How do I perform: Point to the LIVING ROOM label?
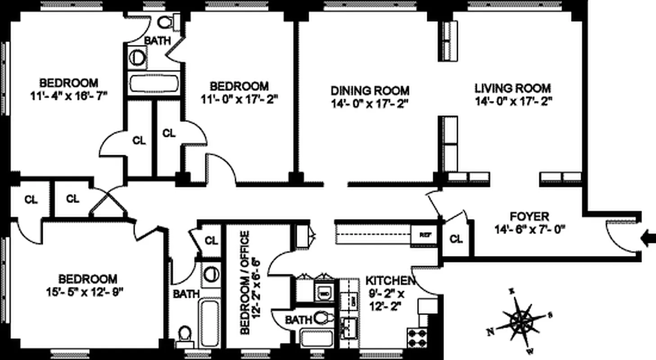click(512, 88)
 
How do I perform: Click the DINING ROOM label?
click(370, 90)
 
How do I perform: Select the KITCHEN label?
click(390, 281)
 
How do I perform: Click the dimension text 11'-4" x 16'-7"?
click(68, 96)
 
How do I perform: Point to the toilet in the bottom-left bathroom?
click(184, 334)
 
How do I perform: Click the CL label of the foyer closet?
click(456, 239)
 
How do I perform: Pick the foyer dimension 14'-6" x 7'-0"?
click(529, 229)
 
